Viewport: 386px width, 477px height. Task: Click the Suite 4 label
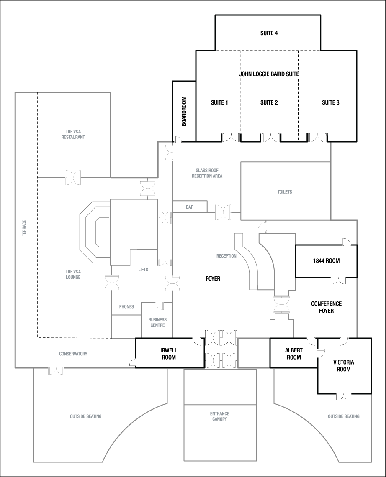(x=269, y=33)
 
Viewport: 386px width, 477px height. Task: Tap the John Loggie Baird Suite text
(x=269, y=74)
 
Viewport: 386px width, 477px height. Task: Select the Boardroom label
(x=184, y=112)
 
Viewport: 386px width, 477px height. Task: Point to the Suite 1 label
(x=219, y=102)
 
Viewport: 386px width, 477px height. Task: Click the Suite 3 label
(x=330, y=102)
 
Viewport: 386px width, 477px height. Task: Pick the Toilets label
(x=284, y=192)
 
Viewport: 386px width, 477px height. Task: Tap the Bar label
(x=190, y=207)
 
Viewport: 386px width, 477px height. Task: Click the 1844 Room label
(x=326, y=261)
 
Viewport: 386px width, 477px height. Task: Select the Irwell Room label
(x=168, y=354)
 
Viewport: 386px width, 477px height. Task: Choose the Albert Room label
(x=293, y=354)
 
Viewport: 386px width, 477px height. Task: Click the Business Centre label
(x=157, y=322)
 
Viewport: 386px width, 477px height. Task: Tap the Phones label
(x=126, y=306)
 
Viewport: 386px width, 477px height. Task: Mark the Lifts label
(x=143, y=270)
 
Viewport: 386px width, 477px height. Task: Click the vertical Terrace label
(x=24, y=228)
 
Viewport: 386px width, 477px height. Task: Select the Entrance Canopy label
(x=220, y=416)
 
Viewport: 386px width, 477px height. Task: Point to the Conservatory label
(x=73, y=354)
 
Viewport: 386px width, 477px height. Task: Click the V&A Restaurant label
(x=73, y=134)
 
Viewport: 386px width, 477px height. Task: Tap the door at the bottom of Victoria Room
(x=343, y=396)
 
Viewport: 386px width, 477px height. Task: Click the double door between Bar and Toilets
(x=223, y=212)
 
